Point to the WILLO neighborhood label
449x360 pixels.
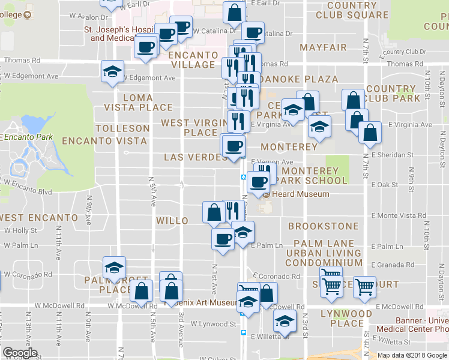click(172, 221)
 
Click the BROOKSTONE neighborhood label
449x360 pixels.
click(323, 226)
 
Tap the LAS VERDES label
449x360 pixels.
click(195, 157)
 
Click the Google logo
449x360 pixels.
click(20, 353)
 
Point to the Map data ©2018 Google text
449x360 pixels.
click(412, 355)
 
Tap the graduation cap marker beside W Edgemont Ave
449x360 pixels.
click(112, 71)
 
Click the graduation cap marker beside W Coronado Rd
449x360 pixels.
click(113, 268)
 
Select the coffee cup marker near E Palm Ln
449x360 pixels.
click(223, 239)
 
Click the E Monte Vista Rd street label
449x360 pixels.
click(399, 215)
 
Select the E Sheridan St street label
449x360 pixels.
click(392, 155)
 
